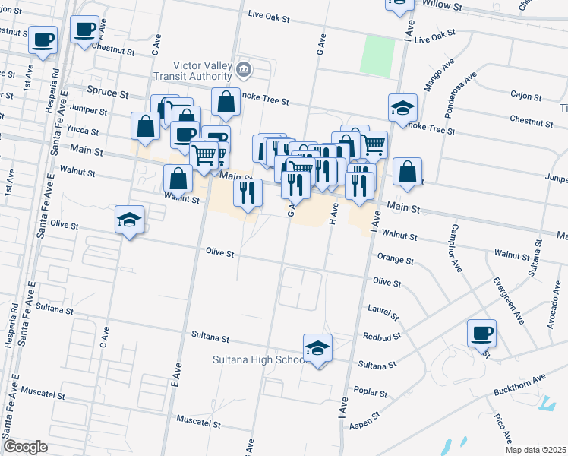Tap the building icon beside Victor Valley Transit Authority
tap(243, 70)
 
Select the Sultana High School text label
tap(259, 359)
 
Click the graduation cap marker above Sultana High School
tap(318, 348)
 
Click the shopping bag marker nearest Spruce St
tap(226, 102)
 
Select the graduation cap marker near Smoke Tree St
tap(402, 108)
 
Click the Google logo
tap(25, 447)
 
